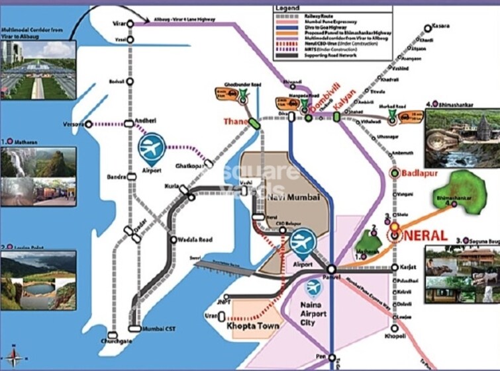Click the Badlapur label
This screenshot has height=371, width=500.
coord(421,173)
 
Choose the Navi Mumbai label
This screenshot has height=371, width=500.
coord(293,196)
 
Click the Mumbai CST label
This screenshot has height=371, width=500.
coord(162,328)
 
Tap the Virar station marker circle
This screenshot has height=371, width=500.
coord(130,24)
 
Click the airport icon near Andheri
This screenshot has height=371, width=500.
coord(152,147)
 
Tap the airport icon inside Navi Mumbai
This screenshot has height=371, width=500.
coord(302,241)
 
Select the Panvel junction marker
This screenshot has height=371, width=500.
coord(331,268)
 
